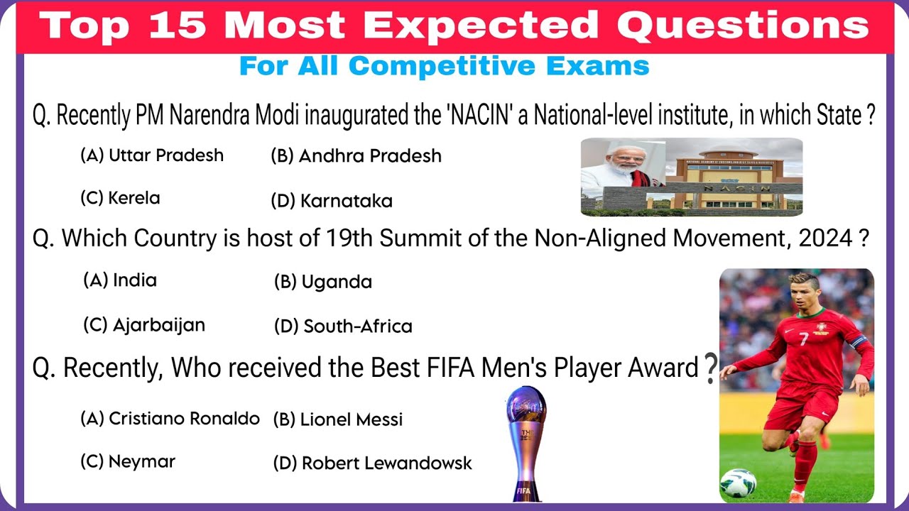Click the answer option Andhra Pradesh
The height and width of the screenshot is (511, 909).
click(x=356, y=156)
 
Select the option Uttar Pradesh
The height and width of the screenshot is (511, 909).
click(x=152, y=155)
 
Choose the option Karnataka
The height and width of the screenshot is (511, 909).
click(x=332, y=201)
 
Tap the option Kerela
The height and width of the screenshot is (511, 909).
click(x=120, y=198)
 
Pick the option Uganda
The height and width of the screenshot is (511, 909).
click(x=323, y=282)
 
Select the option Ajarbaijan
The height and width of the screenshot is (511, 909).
click(x=144, y=325)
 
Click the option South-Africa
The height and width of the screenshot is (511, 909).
click(x=343, y=326)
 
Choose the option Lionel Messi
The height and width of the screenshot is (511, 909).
click(x=337, y=419)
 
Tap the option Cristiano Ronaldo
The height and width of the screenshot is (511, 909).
click(x=170, y=419)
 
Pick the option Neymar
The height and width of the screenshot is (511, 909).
click(x=128, y=461)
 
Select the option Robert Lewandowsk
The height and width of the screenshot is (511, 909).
click(x=373, y=463)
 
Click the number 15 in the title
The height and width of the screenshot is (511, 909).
click(x=178, y=25)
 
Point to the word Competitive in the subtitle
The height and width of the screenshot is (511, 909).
click(x=442, y=67)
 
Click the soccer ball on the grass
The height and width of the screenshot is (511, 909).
click(x=738, y=483)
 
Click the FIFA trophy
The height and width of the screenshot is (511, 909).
click(x=526, y=444)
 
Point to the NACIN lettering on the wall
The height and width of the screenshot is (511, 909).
click(x=737, y=188)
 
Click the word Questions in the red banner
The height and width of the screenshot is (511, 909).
click(x=743, y=26)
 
